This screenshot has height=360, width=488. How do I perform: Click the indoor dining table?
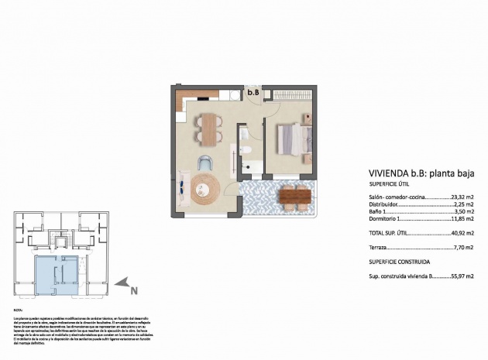tap(208, 127)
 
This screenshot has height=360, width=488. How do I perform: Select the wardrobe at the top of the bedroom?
tap(291, 96)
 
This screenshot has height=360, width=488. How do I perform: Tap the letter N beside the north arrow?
tap(133, 291)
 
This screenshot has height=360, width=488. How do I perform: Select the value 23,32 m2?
tap(462, 197)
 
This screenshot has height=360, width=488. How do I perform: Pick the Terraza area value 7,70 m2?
tap(465, 248)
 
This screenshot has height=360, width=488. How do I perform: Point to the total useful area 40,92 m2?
tap(462, 232)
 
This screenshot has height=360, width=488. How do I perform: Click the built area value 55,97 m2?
tap(462, 275)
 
